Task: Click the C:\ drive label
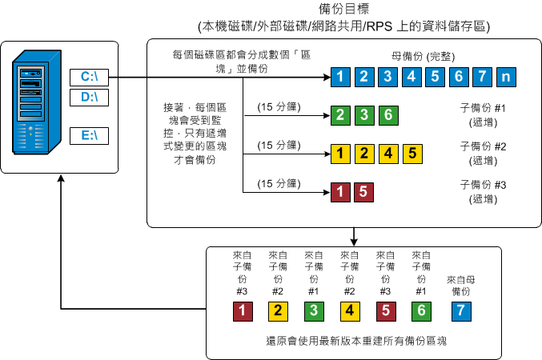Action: (88, 78)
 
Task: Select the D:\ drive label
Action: (88, 98)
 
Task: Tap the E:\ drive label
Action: (88, 135)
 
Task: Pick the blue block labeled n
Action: (506, 78)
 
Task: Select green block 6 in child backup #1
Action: (387, 114)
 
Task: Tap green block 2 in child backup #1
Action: (340, 114)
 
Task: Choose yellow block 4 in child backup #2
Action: (387, 152)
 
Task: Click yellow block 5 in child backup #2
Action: (411, 152)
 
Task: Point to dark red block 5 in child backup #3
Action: (363, 191)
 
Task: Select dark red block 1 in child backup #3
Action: (340, 191)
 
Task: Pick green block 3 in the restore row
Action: (313, 310)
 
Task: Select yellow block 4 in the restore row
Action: (349, 310)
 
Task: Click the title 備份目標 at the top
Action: (343, 9)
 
